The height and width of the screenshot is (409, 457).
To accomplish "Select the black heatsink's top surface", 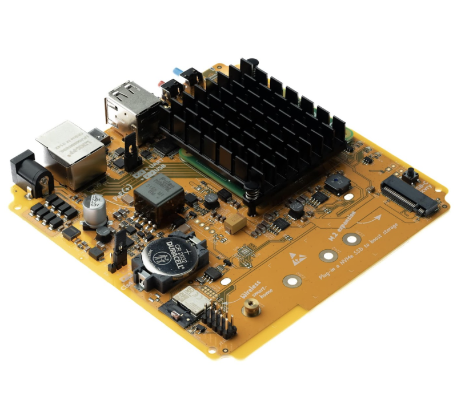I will coord(257,114).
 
